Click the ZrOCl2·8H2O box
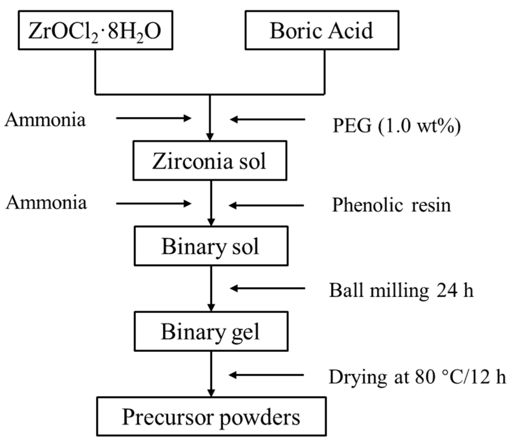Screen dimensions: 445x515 [x=95, y=30]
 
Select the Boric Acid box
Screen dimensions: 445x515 [x=322, y=30]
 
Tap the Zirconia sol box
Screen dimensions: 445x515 [x=210, y=161]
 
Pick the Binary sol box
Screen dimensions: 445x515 [x=211, y=246]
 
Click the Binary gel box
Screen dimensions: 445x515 [x=211, y=331]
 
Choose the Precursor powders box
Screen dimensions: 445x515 [x=211, y=417]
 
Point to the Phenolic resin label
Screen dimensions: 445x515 [x=391, y=205]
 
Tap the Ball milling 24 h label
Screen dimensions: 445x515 [x=401, y=290]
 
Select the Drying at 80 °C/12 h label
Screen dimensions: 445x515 [x=417, y=377]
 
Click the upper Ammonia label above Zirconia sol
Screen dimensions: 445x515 [x=45, y=119]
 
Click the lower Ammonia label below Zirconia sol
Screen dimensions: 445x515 [x=46, y=203]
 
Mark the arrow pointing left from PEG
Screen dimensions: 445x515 [x=267, y=120]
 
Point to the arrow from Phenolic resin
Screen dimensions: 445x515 [x=266, y=205]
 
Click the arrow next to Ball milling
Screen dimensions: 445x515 [x=267, y=289]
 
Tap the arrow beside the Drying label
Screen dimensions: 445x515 [x=266, y=375]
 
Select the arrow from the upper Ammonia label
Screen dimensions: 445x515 [x=154, y=118]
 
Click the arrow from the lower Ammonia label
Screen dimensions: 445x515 [x=154, y=203]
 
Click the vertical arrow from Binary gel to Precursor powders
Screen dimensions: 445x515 [x=211, y=374]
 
